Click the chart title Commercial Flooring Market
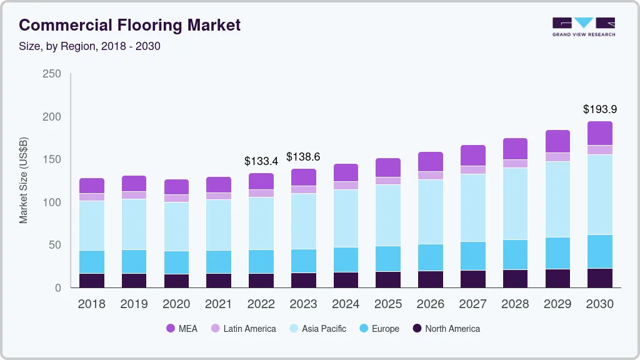[x=129, y=26]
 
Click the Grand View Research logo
[x=584, y=26]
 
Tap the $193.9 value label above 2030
[x=600, y=109]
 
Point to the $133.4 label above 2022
[x=261, y=161]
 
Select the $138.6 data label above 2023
[x=304, y=157]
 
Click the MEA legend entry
[x=182, y=329]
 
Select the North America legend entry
[x=445, y=329]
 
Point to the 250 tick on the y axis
[x=52, y=74]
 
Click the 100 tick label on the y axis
[x=52, y=202]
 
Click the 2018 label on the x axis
[x=92, y=304]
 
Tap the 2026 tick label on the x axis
[x=431, y=304]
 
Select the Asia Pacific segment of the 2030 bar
[x=600, y=194]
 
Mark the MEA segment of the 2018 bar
[x=92, y=186]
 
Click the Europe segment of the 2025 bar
[x=388, y=259]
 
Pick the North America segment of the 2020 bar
[x=176, y=281]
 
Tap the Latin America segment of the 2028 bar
[x=516, y=164]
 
